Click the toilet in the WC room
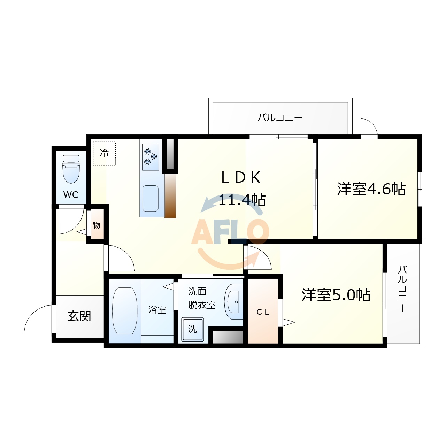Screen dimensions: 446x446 tap(71, 169)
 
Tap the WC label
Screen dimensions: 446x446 tap(71, 195)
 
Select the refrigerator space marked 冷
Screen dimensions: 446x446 tap(104, 153)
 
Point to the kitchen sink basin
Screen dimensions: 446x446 tap(151, 198)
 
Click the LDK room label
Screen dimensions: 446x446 tap(241, 178)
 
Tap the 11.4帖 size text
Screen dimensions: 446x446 tap(242, 200)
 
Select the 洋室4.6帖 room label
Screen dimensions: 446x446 tap(371, 189)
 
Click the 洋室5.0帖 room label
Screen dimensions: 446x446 tap(336, 295)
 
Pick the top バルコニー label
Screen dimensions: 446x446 tap(280, 118)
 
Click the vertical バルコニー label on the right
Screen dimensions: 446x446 tap(402, 289)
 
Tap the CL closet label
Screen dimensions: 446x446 tap(263, 312)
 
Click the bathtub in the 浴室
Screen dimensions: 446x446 tap(125, 311)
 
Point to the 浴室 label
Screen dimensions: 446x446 tap(157, 310)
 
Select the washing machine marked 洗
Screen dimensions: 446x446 tap(192, 329)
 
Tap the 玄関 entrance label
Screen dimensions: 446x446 tap(79, 316)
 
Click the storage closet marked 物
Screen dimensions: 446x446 tap(97, 225)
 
